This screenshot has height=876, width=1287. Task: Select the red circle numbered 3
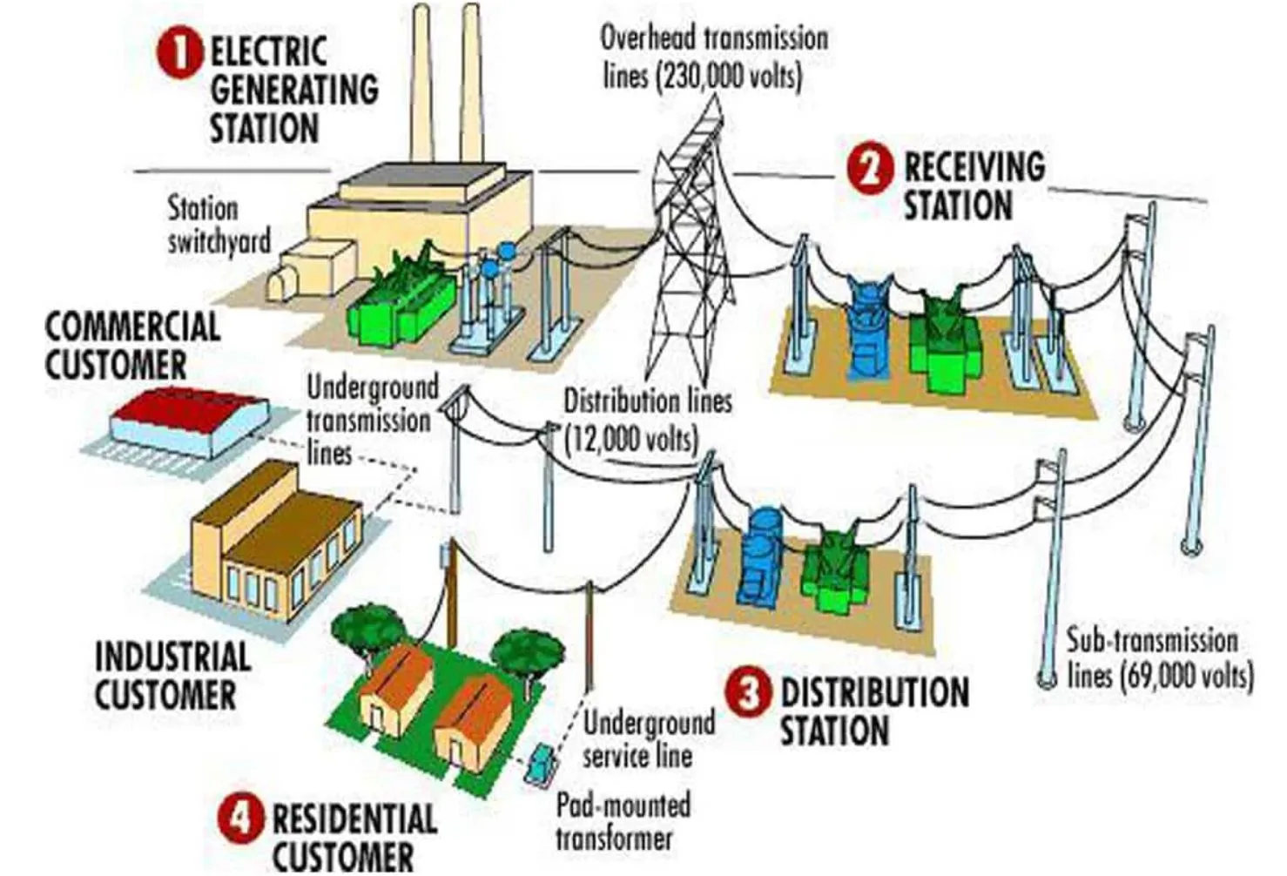[x=747, y=694]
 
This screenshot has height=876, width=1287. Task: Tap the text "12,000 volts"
[x=633, y=438]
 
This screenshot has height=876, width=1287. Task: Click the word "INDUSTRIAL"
[x=172, y=657]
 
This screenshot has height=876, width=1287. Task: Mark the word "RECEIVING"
[x=974, y=166]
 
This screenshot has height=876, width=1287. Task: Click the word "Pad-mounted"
[x=623, y=805]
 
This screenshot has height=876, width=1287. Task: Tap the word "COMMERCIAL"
[x=132, y=327]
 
